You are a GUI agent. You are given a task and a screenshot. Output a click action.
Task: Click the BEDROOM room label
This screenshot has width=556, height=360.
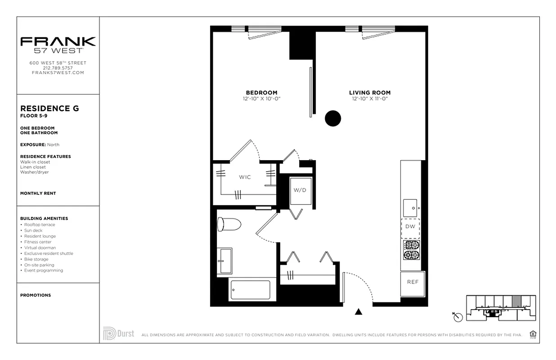click(261, 93)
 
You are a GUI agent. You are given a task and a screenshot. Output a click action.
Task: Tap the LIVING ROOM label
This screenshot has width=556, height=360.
click(370, 93)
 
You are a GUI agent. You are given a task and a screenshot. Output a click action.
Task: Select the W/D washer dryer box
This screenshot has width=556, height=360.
click(300, 190)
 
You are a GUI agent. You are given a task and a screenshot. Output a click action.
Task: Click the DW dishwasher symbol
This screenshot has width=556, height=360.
click(410, 226)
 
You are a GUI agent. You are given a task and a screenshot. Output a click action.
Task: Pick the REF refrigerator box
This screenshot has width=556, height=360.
click(413, 283)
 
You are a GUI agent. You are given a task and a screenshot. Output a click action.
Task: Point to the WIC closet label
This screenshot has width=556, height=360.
click(245, 177)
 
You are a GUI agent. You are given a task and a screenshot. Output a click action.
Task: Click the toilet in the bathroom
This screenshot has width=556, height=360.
click(228, 224)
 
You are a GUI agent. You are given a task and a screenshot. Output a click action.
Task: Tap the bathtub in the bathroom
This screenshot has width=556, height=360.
click(250, 290)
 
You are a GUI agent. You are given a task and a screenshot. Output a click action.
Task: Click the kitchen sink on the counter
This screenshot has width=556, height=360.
click(410, 207)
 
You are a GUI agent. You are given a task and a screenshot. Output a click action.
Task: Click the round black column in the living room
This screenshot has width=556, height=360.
click(333, 118)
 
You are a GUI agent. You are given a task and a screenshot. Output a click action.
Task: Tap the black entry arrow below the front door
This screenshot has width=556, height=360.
click(359, 312)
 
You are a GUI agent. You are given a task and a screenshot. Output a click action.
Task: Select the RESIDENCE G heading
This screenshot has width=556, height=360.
click(49, 108)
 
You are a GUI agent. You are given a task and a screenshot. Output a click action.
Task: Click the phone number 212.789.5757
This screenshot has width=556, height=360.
click(58, 68)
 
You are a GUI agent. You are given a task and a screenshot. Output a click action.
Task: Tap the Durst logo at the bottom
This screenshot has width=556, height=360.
click(118, 334)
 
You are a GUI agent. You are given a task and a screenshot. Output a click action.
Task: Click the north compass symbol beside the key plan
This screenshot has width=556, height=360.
click(458, 317)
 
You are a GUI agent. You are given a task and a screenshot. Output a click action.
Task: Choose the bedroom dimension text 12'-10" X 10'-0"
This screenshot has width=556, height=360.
click(261, 99)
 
